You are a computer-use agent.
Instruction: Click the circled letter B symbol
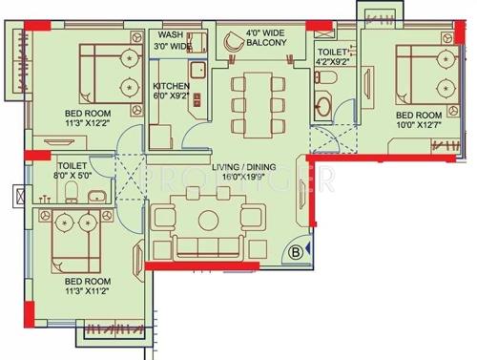tap(297, 252)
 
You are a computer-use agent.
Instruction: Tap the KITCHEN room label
tap(172, 86)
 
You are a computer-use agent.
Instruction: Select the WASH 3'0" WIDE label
tap(172, 41)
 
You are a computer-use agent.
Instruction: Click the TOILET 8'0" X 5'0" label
tap(73, 169)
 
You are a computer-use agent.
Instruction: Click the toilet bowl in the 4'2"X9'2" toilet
tap(324, 106)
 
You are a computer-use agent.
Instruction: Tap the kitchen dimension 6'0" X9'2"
tap(172, 96)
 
